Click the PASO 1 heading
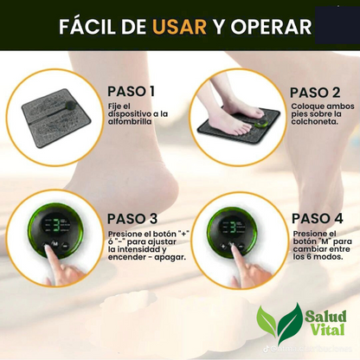(132, 92)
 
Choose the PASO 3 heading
(132, 218)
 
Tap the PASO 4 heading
(317, 218)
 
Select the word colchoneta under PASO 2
(313, 122)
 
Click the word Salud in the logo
(325, 316)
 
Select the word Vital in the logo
(325, 331)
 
